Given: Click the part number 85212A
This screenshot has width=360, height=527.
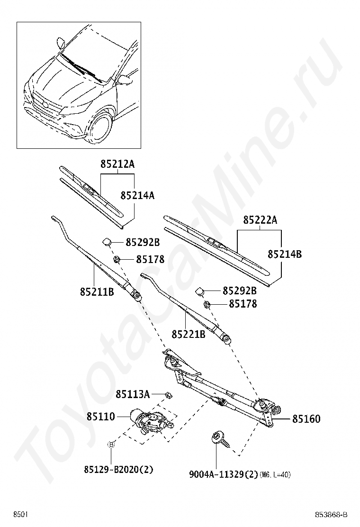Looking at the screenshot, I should click(117, 164).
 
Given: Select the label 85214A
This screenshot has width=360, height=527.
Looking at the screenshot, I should click(137, 195).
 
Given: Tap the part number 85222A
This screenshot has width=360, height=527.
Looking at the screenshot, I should click(260, 220).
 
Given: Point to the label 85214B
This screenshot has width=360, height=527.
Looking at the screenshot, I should click(285, 254).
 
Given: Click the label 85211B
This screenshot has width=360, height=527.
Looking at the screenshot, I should click(97, 291).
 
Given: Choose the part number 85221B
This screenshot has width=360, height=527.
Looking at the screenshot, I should click(188, 334).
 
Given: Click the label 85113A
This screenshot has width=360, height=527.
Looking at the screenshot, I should click(133, 394).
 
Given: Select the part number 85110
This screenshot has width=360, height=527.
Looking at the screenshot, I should click(100, 417).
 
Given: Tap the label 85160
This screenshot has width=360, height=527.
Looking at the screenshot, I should click(306, 419).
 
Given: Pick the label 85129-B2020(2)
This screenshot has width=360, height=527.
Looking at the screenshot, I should click(112, 470).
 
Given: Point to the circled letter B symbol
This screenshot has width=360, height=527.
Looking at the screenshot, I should click(111, 445).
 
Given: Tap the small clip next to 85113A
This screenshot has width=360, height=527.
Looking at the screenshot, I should click(168, 394).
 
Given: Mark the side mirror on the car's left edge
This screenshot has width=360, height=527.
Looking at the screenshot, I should click(61, 43).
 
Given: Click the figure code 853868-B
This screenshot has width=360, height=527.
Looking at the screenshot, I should click(332, 515).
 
